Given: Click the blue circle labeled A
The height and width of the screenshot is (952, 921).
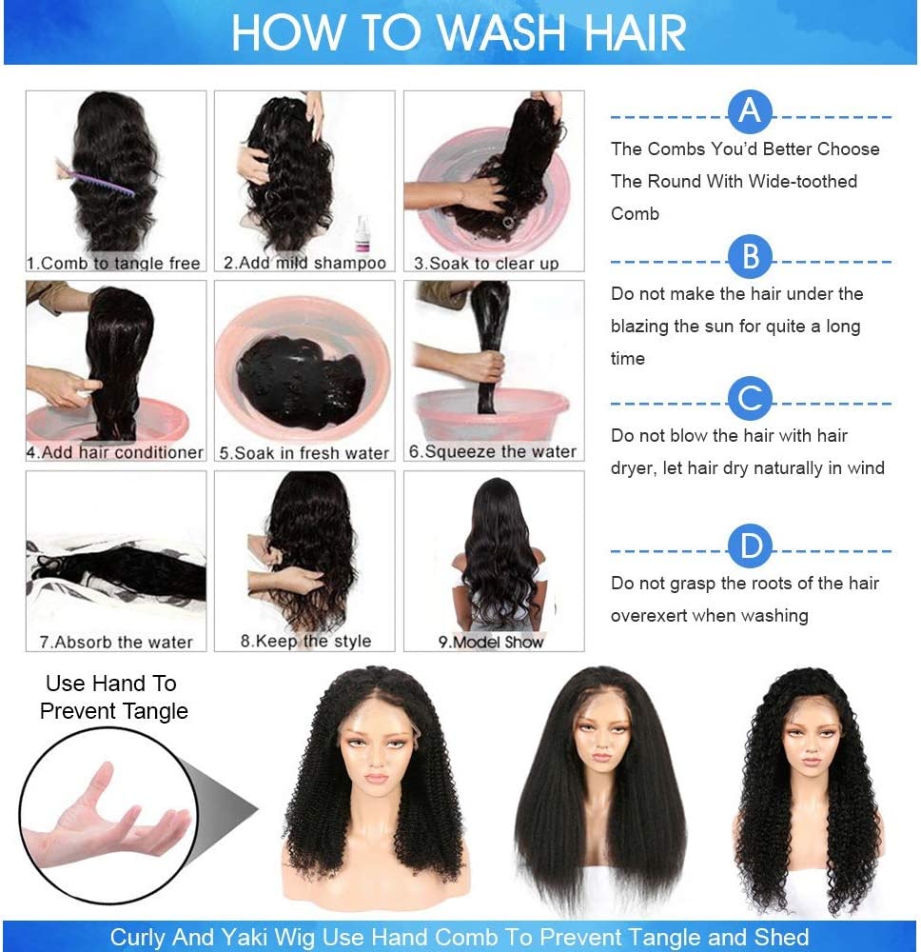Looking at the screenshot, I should (x=750, y=113).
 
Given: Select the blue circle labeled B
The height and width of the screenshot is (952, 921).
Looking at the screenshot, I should (x=750, y=258).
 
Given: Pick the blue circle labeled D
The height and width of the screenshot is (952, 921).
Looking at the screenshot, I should (x=750, y=547).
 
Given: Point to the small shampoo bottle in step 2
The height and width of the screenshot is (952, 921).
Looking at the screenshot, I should (x=362, y=232).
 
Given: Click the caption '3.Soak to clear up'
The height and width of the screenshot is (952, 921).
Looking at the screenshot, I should (x=486, y=264).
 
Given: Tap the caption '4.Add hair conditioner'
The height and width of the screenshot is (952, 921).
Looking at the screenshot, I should (x=115, y=453).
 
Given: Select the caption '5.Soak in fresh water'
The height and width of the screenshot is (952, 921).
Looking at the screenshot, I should (x=304, y=454).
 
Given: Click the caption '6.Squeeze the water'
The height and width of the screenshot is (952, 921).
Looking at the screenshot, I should (x=492, y=452).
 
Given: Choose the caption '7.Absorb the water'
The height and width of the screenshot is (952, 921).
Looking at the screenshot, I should (x=116, y=643).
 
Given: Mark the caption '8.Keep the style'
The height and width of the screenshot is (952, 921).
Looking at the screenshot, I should (x=305, y=642).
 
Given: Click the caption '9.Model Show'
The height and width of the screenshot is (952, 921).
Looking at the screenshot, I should (x=491, y=643).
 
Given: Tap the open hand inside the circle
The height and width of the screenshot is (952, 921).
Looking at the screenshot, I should (x=105, y=819).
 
